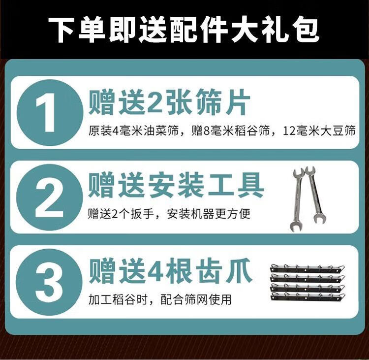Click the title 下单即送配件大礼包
(184, 31)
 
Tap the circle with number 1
(50, 112)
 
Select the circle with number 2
(49, 197)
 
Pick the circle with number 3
(49, 282)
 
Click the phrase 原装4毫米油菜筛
(133, 131)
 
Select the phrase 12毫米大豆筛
(319, 131)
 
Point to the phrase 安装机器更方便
(209, 214)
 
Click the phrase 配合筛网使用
(196, 299)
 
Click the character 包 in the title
(306, 31)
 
